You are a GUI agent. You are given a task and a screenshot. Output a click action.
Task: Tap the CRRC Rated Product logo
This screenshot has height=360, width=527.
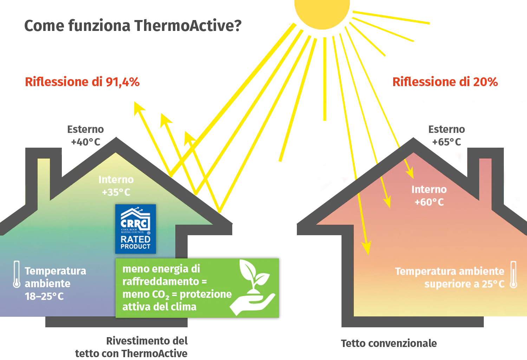136,229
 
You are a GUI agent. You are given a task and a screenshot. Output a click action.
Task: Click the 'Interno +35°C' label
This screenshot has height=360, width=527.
116,186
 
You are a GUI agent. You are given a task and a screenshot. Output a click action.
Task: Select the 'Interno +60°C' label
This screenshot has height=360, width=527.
429,196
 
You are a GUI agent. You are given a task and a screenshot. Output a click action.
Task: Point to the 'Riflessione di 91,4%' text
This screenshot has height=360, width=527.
83,82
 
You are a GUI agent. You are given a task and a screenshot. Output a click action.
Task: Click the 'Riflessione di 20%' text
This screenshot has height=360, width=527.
445,82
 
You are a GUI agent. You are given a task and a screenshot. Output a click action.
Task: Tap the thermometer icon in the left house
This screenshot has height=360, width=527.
17,274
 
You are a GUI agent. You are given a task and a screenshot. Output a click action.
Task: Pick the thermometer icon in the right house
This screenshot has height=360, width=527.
513,275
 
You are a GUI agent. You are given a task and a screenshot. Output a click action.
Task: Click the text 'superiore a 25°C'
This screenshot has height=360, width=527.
464,284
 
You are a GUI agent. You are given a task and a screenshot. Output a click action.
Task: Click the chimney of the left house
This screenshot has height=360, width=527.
44,176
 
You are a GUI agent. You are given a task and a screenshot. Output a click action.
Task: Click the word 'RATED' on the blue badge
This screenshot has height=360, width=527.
135,239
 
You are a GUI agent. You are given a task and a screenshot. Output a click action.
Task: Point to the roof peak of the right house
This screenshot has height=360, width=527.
413,140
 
